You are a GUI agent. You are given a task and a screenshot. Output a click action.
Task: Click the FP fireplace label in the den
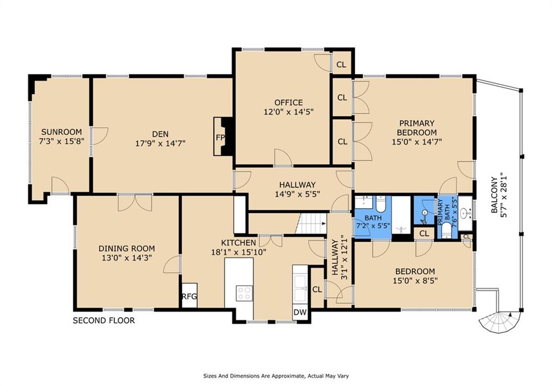(x=220, y=138)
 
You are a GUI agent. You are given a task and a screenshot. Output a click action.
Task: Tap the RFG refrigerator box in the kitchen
(x=189, y=296)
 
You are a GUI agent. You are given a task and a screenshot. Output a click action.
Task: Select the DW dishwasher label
(x=300, y=312)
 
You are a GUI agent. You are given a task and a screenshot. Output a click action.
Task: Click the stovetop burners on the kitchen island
(x=244, y=293)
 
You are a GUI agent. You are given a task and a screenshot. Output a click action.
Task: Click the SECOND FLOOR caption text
(x=104, y=320)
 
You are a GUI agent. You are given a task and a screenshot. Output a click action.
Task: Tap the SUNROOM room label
(x=61, y=132)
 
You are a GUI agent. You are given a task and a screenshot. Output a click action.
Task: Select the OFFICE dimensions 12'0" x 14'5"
(x=289, y=112)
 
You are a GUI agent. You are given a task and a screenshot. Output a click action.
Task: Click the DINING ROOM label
(x=127, y=249)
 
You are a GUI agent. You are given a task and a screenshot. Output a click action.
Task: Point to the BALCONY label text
(x=495, y=195)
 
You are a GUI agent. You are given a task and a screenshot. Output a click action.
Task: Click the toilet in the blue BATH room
(x=381, y=203)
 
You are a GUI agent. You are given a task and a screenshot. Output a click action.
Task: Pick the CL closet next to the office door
(x=341, y=65)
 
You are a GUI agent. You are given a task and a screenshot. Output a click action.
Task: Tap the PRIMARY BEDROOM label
(x=417, y=128)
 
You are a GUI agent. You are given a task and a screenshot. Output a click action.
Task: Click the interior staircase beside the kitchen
(x=311, y=223)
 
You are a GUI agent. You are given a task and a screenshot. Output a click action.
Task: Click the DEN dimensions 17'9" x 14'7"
(x=161, y=143)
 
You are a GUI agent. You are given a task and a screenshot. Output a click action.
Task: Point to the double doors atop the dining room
(x=135, y=203)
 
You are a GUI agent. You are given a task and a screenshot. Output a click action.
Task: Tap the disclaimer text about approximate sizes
(x=276, y=376)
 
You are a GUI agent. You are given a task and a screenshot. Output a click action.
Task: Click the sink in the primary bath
(x=465, y=213)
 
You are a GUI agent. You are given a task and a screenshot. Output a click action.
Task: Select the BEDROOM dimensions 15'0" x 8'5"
(x=416, y=281)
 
